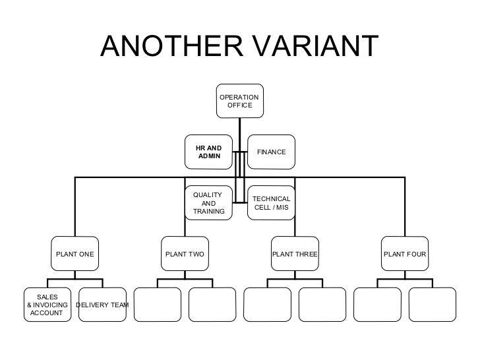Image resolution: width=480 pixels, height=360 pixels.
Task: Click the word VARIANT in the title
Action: point(315,46)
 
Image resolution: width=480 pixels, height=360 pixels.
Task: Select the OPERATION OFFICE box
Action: point(239,102)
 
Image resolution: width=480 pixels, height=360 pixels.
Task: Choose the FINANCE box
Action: point(271,152)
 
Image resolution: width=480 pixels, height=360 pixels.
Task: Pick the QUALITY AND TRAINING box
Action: point(209,203)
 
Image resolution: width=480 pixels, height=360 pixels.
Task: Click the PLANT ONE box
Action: point(75,254)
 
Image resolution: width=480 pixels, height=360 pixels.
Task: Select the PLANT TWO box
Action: point(185,254)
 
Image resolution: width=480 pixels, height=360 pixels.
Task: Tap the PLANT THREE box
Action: point(295,254)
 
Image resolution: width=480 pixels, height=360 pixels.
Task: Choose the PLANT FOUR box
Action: point(404,254)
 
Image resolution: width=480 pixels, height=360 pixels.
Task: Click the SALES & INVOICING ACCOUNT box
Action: point(47,305)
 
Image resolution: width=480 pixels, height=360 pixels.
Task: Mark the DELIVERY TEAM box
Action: point(102,305)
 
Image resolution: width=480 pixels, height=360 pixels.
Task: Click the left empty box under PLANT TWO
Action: point(157,305)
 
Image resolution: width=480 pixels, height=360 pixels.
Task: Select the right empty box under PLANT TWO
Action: point(212,305)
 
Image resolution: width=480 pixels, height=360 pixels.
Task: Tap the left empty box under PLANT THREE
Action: point(267,305)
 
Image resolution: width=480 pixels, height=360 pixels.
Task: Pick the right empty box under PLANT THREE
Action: point(322,305)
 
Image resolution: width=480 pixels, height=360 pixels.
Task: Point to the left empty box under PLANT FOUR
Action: point(377,305)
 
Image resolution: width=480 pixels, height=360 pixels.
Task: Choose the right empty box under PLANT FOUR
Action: point(432,305)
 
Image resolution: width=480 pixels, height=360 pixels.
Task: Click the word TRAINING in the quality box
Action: point(209,212)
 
